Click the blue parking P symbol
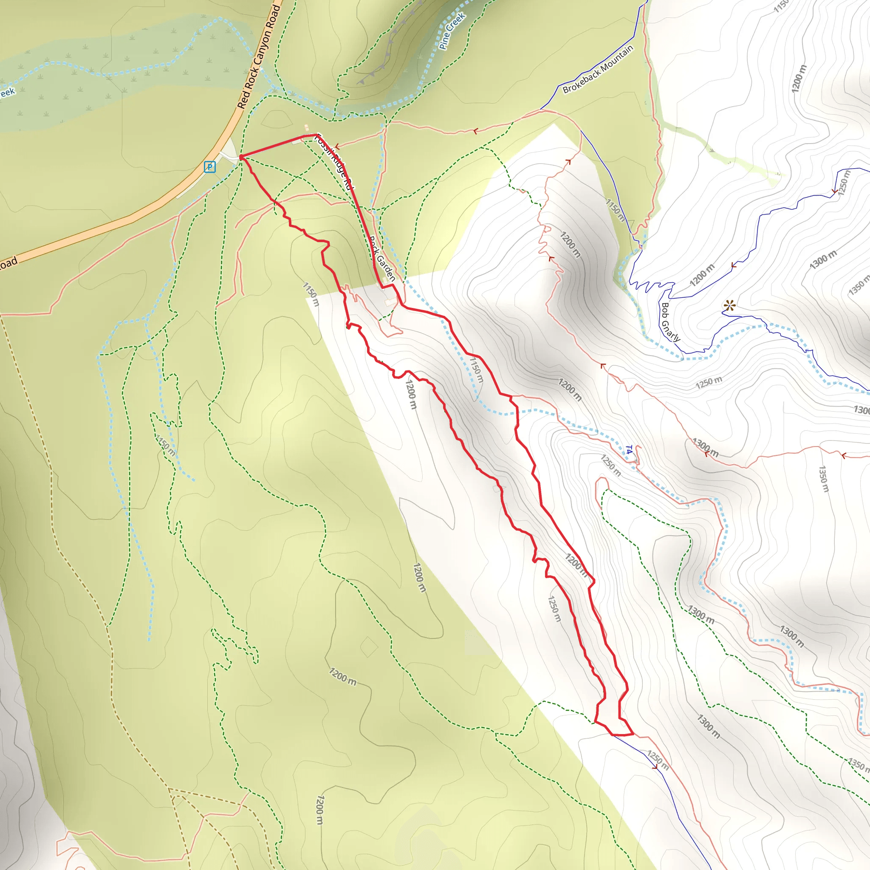click(x=209, y=167)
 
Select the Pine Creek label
click(x=452, y=31)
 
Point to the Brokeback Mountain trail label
click(x=598, y=69)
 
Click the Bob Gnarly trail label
click(x=669, y=322)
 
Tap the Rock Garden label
click(x=382, y=259)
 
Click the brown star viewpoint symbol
click(x=729, y=306)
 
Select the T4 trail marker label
click(x=629, y=449)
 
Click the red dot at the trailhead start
click(x=241, y=157)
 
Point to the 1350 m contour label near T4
click(x=823, y=479)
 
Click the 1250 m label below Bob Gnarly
click(x=709, y=382)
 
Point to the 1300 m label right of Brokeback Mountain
click(x=823, y=260)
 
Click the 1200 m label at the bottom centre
click(x=319, y=810)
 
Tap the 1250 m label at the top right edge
click(x=845, y=183)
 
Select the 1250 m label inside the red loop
click(x=554, y=609)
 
